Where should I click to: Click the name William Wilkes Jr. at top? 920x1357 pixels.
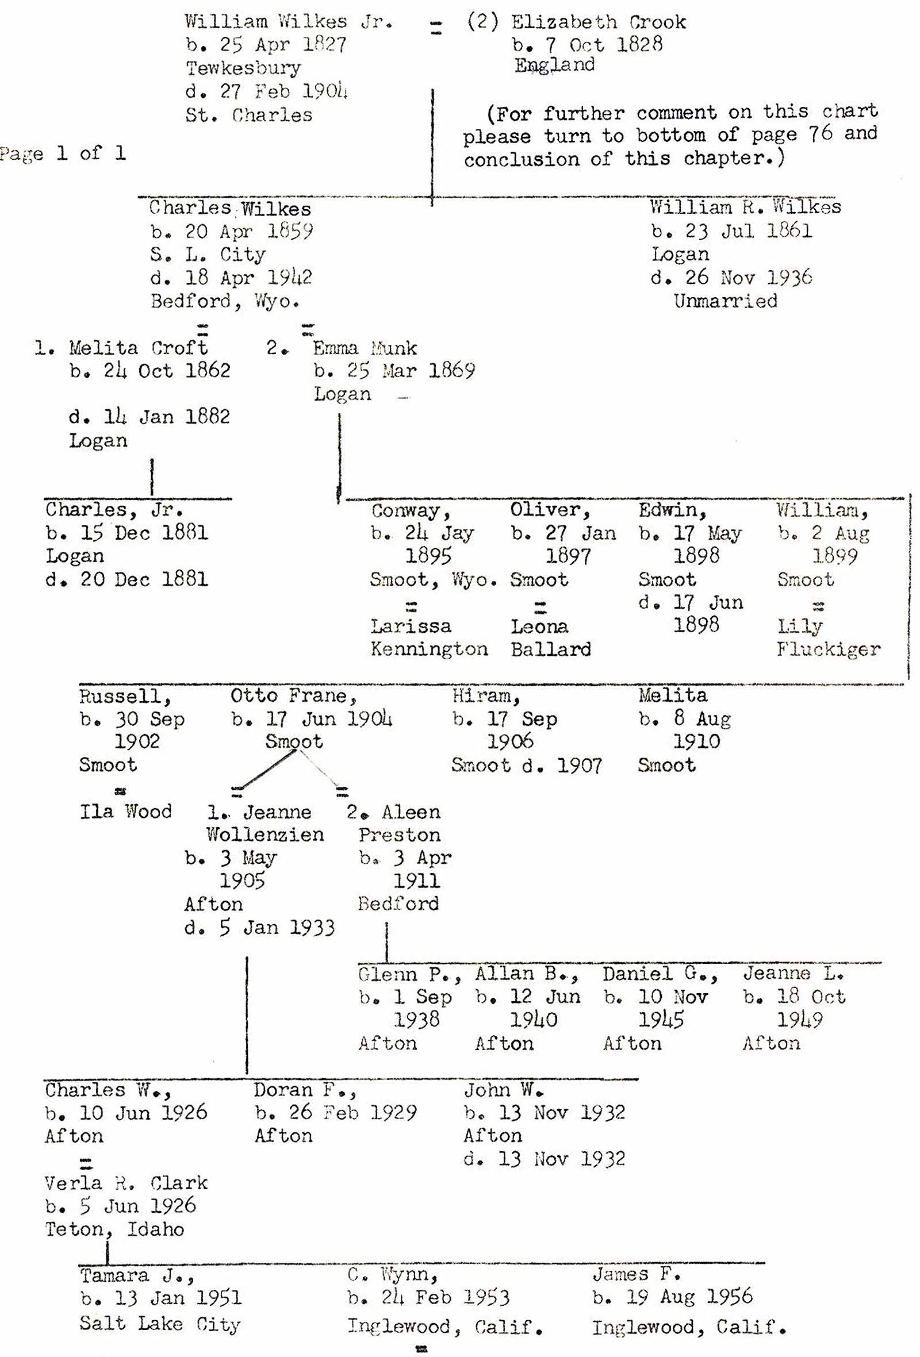[289, 22]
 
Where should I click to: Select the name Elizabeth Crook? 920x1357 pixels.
[598, 22]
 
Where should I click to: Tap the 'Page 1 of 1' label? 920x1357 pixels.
[63, 153]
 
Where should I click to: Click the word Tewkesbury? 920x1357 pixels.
[243, 68]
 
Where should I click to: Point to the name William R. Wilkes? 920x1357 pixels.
[745, 207]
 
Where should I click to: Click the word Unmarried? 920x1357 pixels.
[725, 301]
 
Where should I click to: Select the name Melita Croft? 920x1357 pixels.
[138, 348]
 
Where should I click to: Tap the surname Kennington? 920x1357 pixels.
[430, 649]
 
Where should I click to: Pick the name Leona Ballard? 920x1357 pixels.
[550, 638]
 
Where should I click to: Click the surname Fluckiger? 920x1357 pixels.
[829, 649]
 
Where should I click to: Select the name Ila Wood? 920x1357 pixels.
[125, 811]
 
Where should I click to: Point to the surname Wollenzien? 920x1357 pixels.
[264, 835]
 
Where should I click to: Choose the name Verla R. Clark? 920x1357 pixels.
[125, 1183]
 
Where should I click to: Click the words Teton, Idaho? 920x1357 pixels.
[114, 1229]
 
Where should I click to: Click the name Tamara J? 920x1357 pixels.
[136, 1275]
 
